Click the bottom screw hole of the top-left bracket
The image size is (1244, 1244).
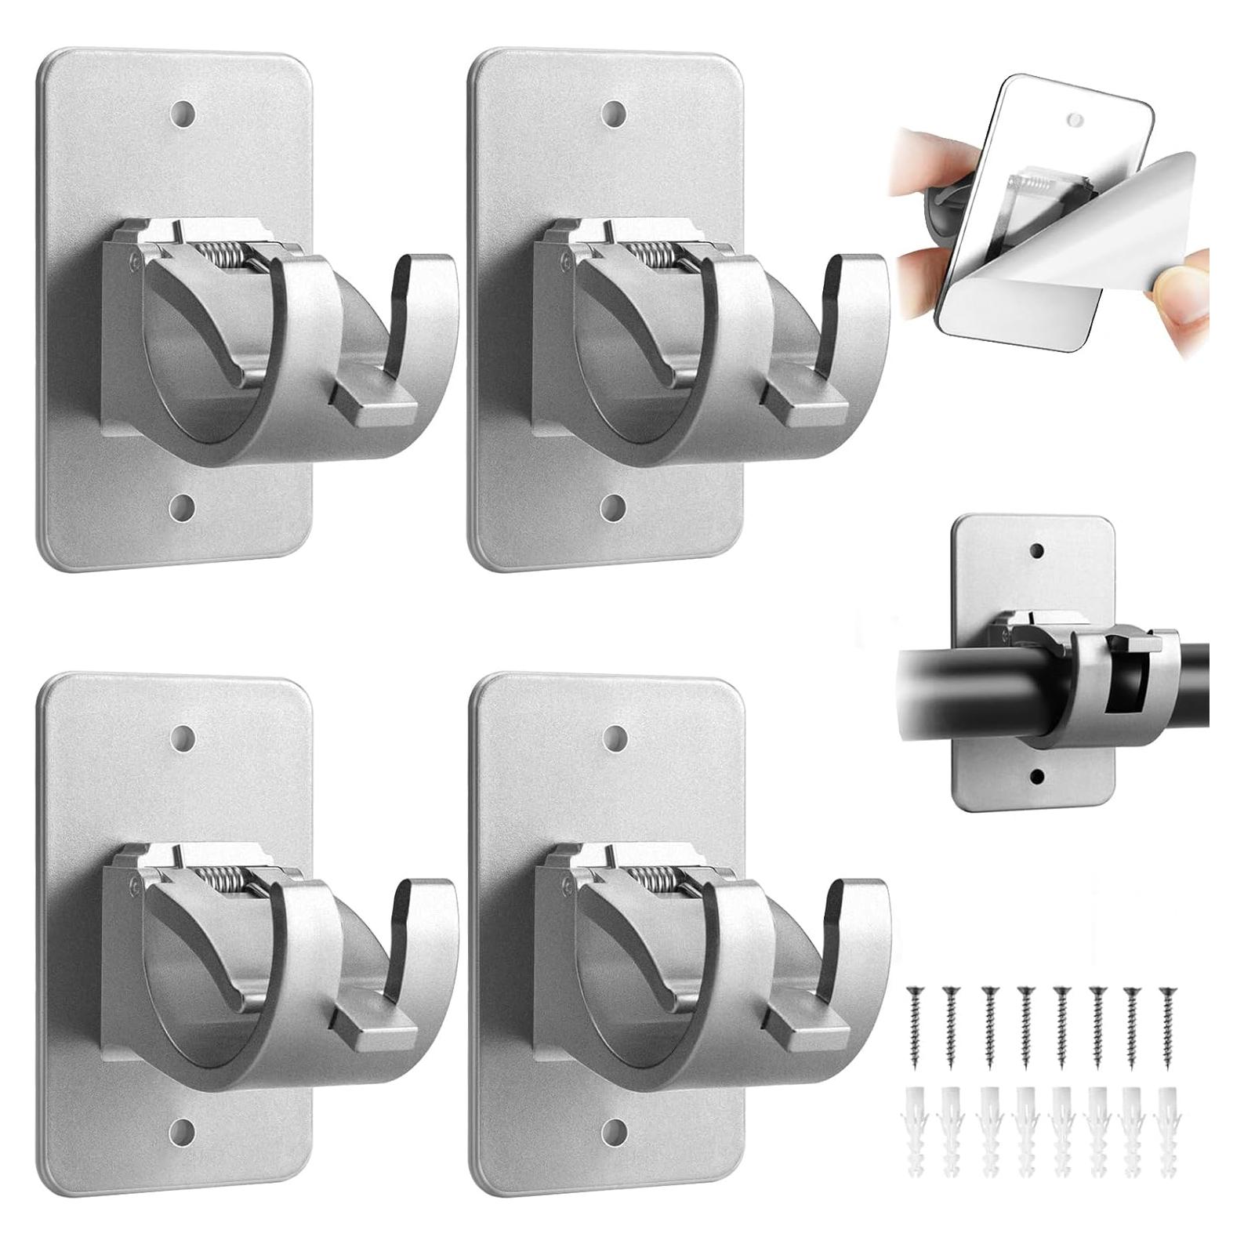(x=182, y=508)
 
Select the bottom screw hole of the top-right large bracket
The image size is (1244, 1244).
(x=614, y=508)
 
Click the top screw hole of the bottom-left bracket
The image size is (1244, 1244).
(x=182, y=736)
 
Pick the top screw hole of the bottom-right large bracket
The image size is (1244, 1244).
(x=614, y=736)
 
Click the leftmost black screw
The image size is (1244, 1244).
(x=914, y=1011)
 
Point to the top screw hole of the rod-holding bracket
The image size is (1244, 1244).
(x=1037, y=551)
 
